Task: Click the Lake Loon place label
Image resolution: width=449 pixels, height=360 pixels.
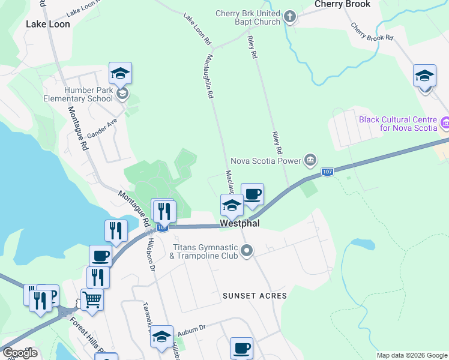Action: click(48, 25)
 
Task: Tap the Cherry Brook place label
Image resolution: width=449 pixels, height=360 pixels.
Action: click(342, 4)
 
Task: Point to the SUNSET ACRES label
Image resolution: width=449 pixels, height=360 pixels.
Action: click(255, 296)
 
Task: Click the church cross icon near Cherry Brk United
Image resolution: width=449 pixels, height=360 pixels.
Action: click(290, 17)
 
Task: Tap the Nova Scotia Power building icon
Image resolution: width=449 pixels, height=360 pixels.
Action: click(310, 160)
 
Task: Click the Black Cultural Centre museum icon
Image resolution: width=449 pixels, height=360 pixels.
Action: click(444, 124)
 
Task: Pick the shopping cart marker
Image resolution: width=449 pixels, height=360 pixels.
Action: click(91, 298)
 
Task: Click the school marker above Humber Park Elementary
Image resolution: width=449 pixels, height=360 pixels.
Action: click(121, 74)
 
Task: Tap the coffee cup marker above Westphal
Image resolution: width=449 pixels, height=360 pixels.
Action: click(253, 194)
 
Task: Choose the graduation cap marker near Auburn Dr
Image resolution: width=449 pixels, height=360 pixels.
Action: click(161, 337)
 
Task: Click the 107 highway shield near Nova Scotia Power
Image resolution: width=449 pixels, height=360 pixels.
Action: click(327, 172)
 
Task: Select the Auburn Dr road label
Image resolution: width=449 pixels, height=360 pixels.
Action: click(193, 328)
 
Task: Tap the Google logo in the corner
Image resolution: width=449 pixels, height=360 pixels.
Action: click(20, 353)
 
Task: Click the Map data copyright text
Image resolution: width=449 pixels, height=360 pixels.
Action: click(412, 355)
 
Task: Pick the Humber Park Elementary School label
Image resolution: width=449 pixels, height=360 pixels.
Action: click(89, 94)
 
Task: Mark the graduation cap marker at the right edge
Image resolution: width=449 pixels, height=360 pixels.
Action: click(424, 76)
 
